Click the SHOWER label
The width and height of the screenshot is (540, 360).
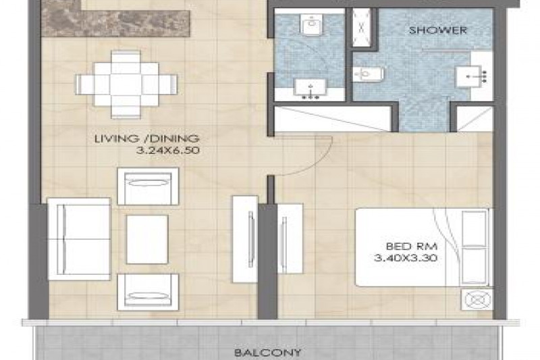click(x=437, y=30)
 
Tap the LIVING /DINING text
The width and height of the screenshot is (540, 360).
click(x=147, y=138)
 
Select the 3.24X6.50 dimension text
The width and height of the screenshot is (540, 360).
click(x=168, y=151)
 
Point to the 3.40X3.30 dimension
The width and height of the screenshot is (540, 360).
click(x=406, y=258)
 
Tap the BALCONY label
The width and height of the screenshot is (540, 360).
click(x=267, y=353)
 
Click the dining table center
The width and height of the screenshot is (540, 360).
click(x=126, y=84)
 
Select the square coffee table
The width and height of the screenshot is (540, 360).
click(x=147, y=239)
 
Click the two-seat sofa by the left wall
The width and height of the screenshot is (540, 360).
click(x=79, y=239)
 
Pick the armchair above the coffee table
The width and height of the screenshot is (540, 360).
click(x=148, y=186)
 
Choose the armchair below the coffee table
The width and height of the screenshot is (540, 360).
click(x=148, y=292)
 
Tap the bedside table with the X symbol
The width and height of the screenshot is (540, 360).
click(x=477, y=299)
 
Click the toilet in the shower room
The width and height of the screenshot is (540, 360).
click(x=368, y=74)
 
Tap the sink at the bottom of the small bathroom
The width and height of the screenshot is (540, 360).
click(x=310, y=88)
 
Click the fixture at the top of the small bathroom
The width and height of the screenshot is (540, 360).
click(x=312, y=24)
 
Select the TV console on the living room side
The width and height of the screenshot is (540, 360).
click(x=245, y=239)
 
